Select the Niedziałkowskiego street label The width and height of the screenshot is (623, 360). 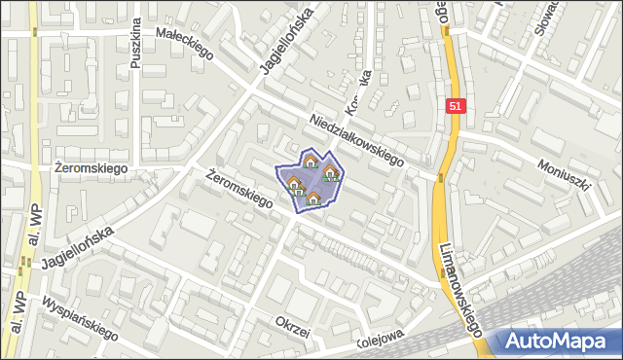356,142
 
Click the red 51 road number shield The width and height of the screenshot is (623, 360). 456,106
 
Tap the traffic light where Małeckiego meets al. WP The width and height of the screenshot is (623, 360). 35,31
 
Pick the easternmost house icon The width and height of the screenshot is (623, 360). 331,174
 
